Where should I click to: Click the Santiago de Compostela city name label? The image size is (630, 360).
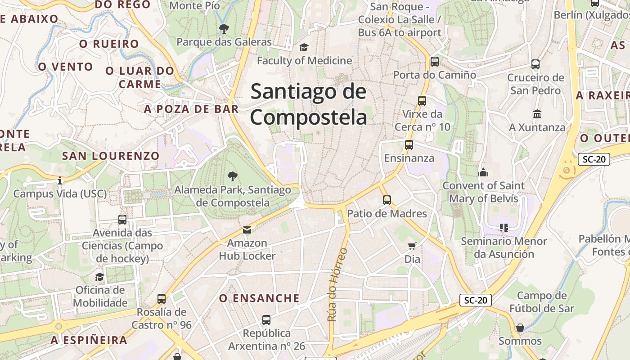pos(309,104)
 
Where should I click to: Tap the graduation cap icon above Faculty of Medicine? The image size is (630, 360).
pos(304,47)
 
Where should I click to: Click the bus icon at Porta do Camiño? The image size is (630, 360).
pos(434,62)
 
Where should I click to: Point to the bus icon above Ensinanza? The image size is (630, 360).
pos(409,145)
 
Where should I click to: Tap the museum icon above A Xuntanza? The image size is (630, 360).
pos(537,114)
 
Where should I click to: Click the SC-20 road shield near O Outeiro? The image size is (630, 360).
pos(594,159)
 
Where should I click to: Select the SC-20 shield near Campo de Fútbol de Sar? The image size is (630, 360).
pos(475,300)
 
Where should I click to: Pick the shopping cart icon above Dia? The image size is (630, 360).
pos(412,246)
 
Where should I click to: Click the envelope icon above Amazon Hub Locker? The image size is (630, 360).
pos(247,230)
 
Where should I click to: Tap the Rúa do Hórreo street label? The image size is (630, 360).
pos(337,284)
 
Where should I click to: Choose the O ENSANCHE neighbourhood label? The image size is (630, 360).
pos(259,298)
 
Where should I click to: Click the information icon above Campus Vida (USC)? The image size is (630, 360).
pos(60,180)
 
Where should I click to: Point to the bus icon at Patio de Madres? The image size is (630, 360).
pos(387,200)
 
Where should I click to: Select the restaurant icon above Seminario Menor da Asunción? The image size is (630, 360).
pos(504,228)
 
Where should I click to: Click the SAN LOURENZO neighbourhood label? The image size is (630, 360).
pos(111,156)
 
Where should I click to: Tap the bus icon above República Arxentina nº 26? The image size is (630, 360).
pos(266,320)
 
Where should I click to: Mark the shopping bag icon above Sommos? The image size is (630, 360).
pos(520,328)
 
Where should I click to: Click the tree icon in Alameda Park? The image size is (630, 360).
pos(232,176)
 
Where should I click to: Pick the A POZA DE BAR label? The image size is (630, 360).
pos(191,109)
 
